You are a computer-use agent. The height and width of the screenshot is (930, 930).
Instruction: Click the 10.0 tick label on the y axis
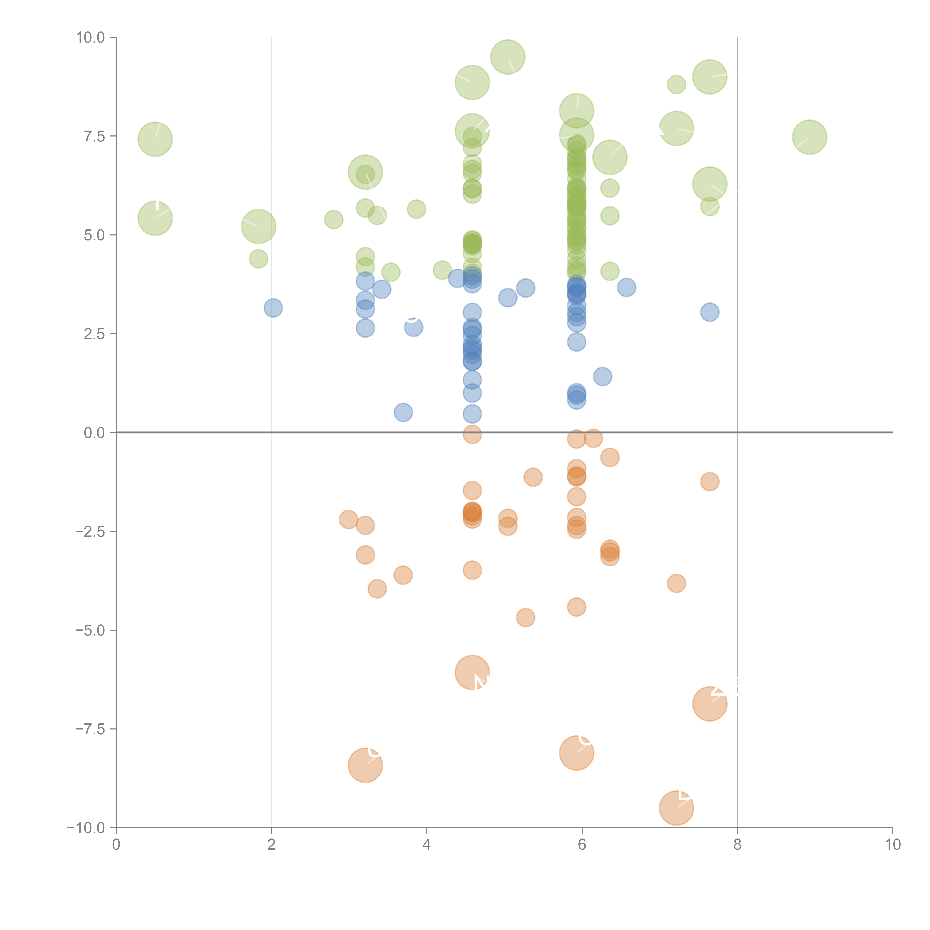coord(91,38)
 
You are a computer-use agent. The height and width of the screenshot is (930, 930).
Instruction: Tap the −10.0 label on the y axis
coord(87,828)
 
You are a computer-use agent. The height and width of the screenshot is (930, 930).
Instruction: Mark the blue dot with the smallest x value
coord(273,308)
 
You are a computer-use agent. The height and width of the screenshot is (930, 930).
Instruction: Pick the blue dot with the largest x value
coord(710,312)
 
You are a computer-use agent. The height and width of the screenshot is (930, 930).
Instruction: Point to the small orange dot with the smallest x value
coord(349,519)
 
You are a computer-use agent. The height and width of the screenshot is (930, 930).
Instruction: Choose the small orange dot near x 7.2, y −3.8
coord(676,583)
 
